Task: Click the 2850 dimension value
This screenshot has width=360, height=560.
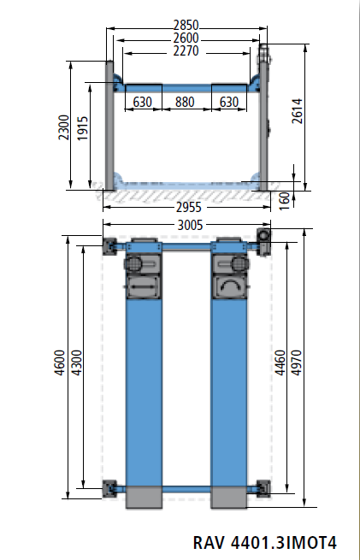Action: tap(186, 25)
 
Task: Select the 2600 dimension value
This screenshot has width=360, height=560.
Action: tap(186, 38)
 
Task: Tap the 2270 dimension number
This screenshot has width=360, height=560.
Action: tap(186, 50)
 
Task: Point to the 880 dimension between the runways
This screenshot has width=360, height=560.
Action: tap(185, 102)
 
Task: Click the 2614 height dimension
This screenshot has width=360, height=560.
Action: tap(297, 111)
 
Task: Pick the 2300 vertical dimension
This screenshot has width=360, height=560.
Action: tap(64, 127)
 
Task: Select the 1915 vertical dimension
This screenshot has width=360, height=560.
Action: tap(82, 128)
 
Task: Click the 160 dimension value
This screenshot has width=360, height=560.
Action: tap(284, 201)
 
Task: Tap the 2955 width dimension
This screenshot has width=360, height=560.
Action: tap(189, 208)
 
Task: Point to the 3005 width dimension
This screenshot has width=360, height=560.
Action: tap(191, 226)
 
